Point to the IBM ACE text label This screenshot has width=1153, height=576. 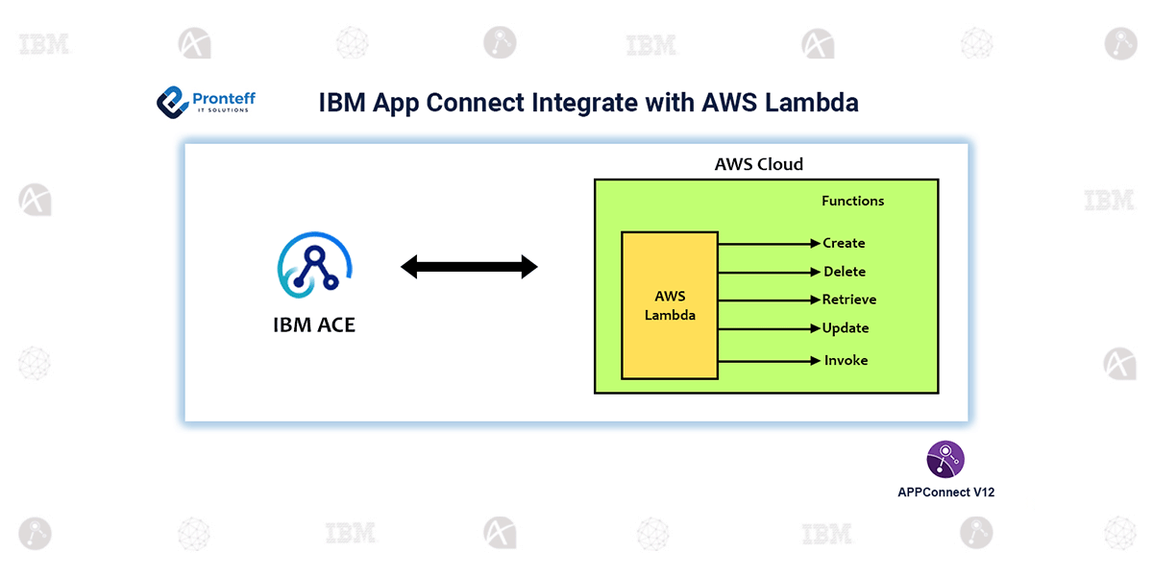click(x=314, y=324)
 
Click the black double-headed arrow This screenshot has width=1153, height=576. click(x=469, y=267)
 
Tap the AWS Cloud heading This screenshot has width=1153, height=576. click(x=758, y=164)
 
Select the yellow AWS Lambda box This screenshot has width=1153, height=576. click(x=670, y=305)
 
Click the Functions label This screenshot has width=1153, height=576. click(x=852, y=201)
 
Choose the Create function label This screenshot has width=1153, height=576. click(x=844, y=243)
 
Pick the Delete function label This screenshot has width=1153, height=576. click(x=844, y=272)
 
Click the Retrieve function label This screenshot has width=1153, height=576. click(x=849, y=300)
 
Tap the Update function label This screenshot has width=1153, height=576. click(x=846, y=328)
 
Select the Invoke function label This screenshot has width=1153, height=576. click(x=846, y=360)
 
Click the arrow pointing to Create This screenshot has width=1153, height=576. click(x=769, y=244)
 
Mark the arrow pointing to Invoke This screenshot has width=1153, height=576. click(x=769, y=361)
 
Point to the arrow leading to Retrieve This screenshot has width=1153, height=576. click(x=769, y=300)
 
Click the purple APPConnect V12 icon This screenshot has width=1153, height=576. click(x=945, y=460)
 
